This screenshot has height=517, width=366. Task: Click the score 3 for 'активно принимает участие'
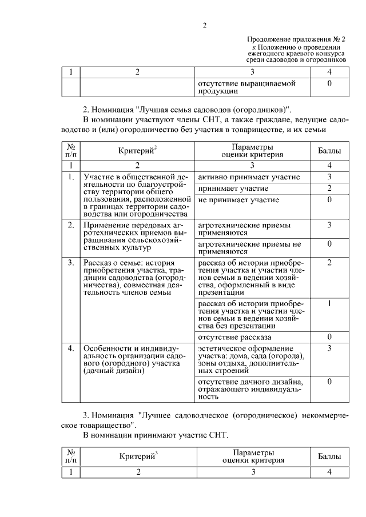[329, 177]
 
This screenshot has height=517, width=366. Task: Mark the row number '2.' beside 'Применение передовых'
[71, 225]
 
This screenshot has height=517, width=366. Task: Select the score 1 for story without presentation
[329, 303]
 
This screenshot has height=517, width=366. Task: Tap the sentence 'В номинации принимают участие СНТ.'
[156, 435]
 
